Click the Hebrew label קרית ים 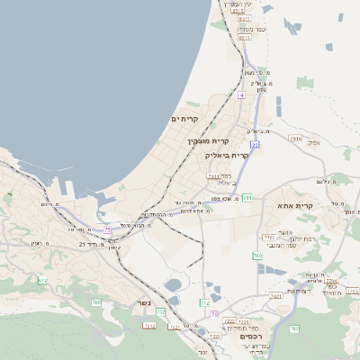(x=184, y=119)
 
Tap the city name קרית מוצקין (x=209, y=141)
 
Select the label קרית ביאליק (x=227, y=155)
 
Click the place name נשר (x=141, y=303)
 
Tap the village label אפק (x=313, y=141)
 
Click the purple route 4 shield (x=241, y=94)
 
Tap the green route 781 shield (x=246, y=196)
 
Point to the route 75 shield (x=109, y=229)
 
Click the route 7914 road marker (x=295, y=139)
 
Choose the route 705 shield (x=96, y=301)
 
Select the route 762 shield (x=295, y=329)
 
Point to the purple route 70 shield (x=214, y=314)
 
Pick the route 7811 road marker (x=214, y=176)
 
